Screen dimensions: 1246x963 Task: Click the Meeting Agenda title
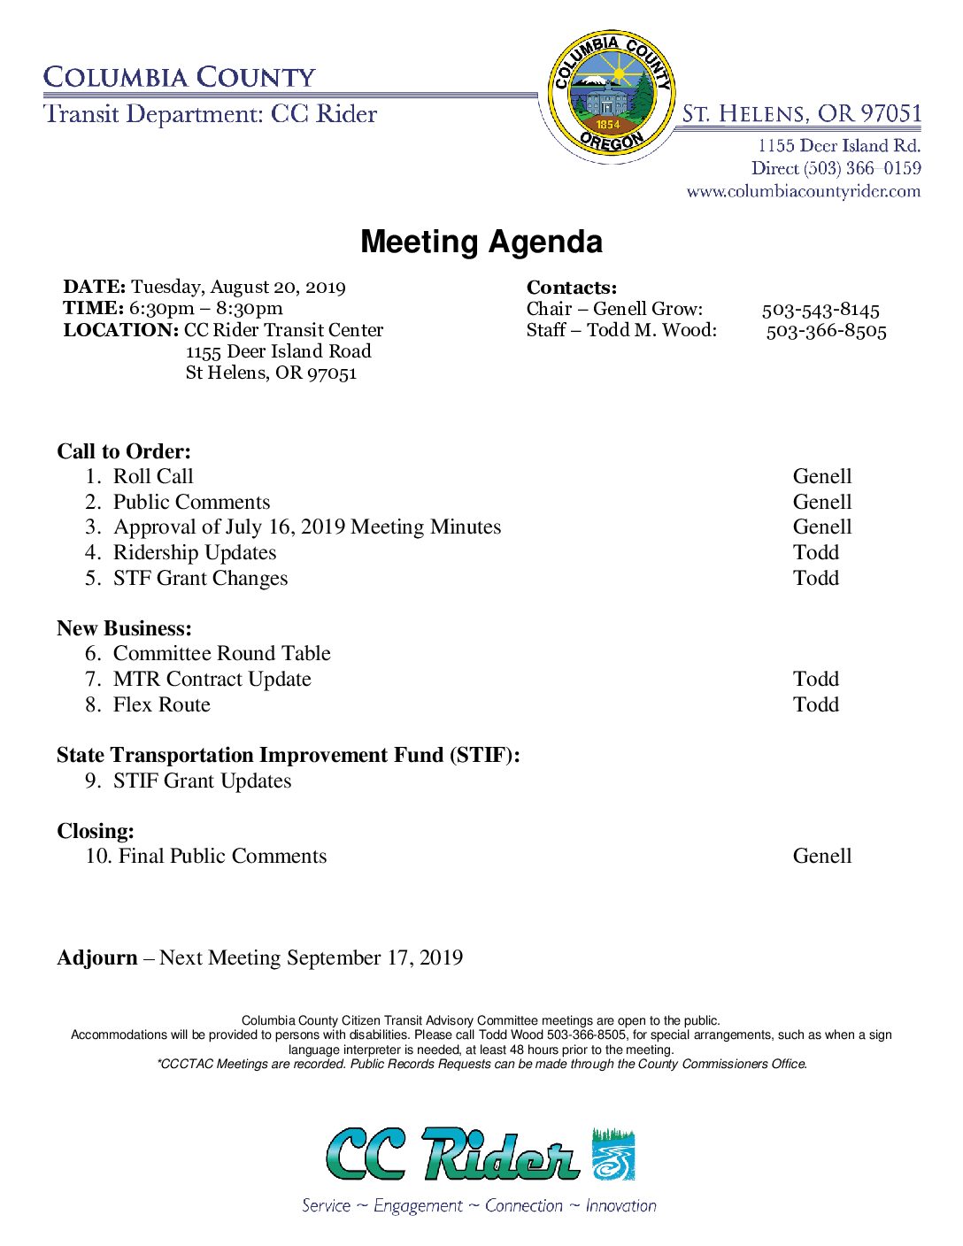481,242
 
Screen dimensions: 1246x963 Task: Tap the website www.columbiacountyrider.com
803,191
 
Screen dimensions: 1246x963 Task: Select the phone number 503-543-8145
820,310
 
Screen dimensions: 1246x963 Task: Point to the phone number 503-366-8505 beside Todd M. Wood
826,331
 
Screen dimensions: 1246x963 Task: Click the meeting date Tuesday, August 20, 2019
238,287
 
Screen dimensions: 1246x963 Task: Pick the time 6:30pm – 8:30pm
205,308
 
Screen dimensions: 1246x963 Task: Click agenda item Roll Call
153,476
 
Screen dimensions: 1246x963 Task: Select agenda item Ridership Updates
195,552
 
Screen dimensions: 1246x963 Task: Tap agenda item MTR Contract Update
212,679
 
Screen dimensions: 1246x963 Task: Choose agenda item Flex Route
162,704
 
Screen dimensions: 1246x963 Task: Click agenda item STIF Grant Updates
203,781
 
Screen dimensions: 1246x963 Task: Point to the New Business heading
125,628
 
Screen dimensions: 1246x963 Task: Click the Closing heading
96,831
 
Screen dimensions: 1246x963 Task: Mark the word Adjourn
97,958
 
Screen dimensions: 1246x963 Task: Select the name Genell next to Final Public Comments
822,856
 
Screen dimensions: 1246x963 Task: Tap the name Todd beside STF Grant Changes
816,578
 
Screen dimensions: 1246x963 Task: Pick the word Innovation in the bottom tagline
620,1205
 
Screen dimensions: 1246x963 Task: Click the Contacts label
572,288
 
